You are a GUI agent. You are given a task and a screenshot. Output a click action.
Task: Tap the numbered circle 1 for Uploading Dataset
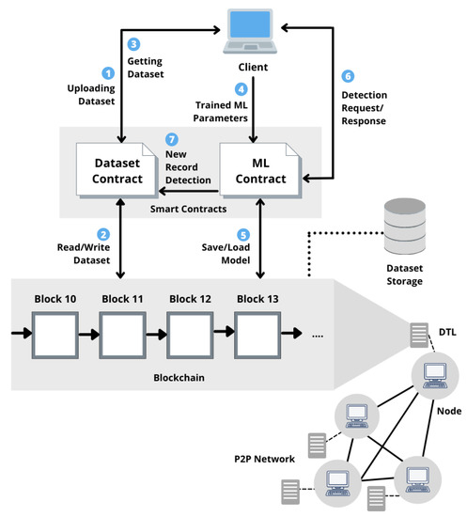[x=108, y=72]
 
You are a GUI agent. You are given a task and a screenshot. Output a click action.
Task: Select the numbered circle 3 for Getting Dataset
[x=134, y=43]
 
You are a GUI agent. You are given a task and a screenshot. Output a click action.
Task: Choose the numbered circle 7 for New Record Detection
[x=169, y=140]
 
